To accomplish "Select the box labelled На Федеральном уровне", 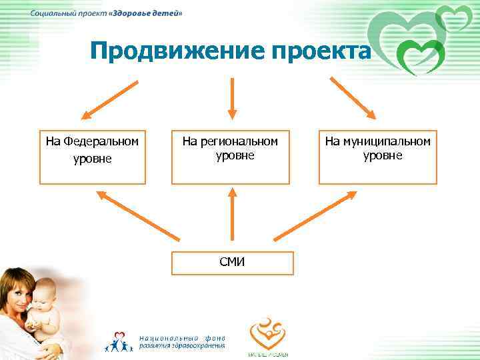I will tap(93, 157).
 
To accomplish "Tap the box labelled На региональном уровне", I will tap(231, 157).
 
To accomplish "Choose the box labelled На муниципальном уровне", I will tap(378, 157).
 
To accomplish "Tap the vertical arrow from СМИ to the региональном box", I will tap(232, 213).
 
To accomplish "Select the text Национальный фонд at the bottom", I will tap(182, 337).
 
